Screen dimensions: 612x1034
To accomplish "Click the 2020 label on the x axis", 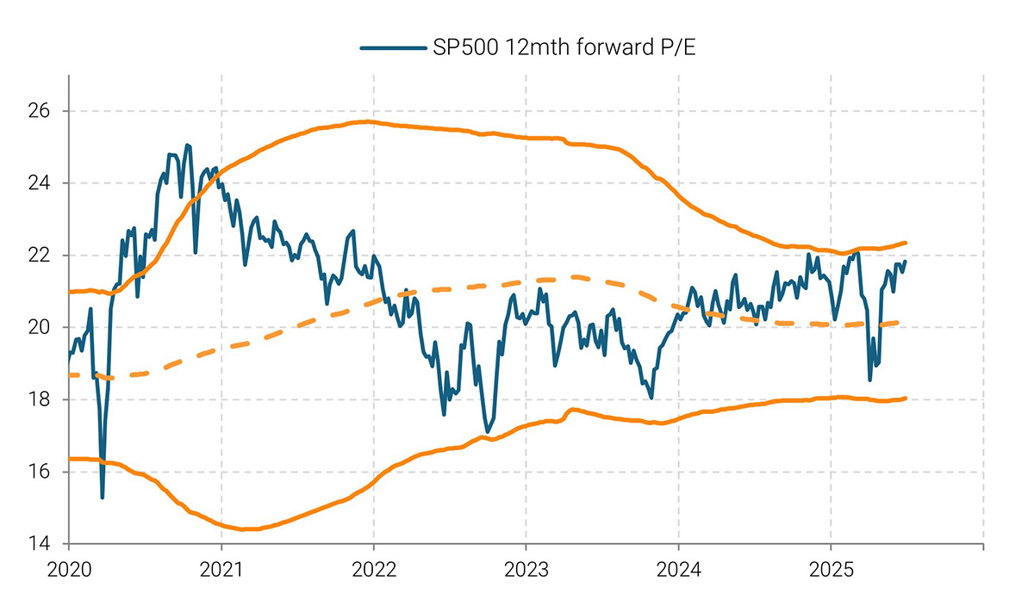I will click(68, 569).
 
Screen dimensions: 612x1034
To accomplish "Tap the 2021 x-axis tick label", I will click(221, 569).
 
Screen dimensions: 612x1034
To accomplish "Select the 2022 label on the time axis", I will click(374, 569).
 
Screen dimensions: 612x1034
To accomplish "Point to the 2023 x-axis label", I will click(526, 569).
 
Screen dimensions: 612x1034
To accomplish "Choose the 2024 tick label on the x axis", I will click(679, 569).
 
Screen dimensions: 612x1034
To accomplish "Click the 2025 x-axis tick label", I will click(832, 569).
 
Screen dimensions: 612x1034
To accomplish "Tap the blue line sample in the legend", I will click(393, 49).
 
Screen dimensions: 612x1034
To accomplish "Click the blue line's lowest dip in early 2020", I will click(103, 497).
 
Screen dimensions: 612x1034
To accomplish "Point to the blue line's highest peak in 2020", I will click(187, 145).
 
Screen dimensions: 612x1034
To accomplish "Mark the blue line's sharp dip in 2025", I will click(869, 379).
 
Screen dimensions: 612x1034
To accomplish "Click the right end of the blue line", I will click(905, 262).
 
